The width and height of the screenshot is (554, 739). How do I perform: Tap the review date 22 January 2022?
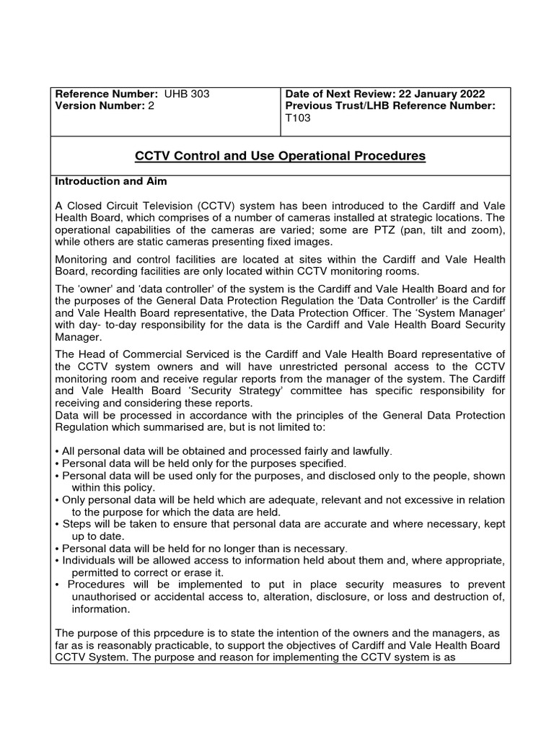tap(440, 95)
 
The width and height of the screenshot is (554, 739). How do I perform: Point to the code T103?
tap(299, 118)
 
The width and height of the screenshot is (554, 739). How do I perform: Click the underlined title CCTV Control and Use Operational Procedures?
tap(281, 156)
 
